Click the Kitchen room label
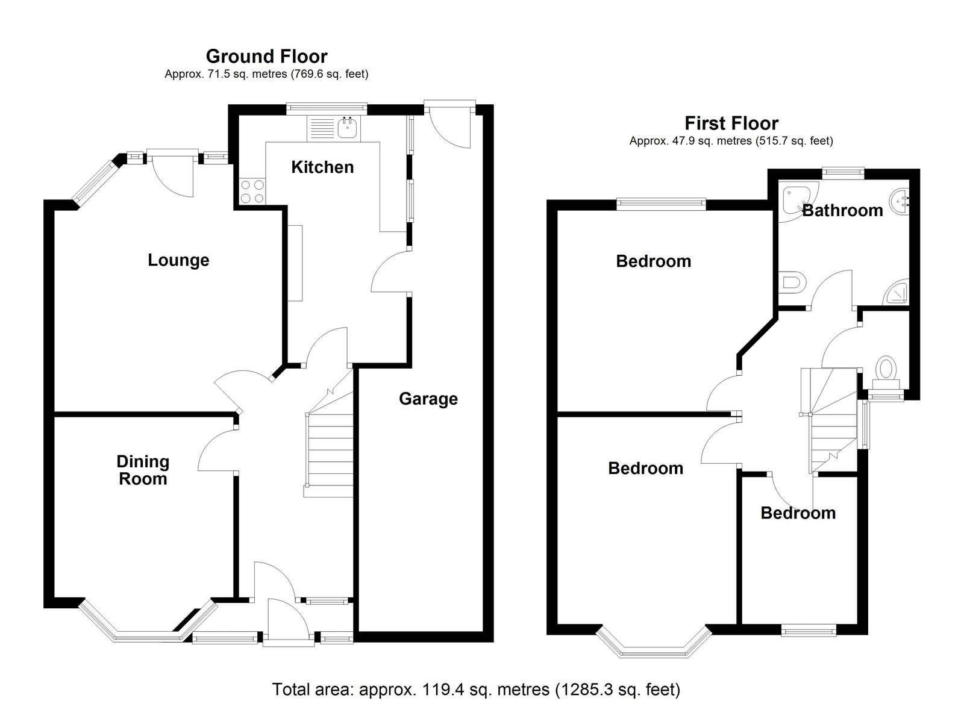click(322, 167)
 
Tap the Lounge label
click(178, 260)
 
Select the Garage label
click(428, 399)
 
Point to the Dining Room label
click(143, 470)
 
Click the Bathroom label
click(842, 211)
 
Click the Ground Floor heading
click(266, 57)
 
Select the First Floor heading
click(731, 123)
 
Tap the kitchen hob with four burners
click(252, 192)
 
